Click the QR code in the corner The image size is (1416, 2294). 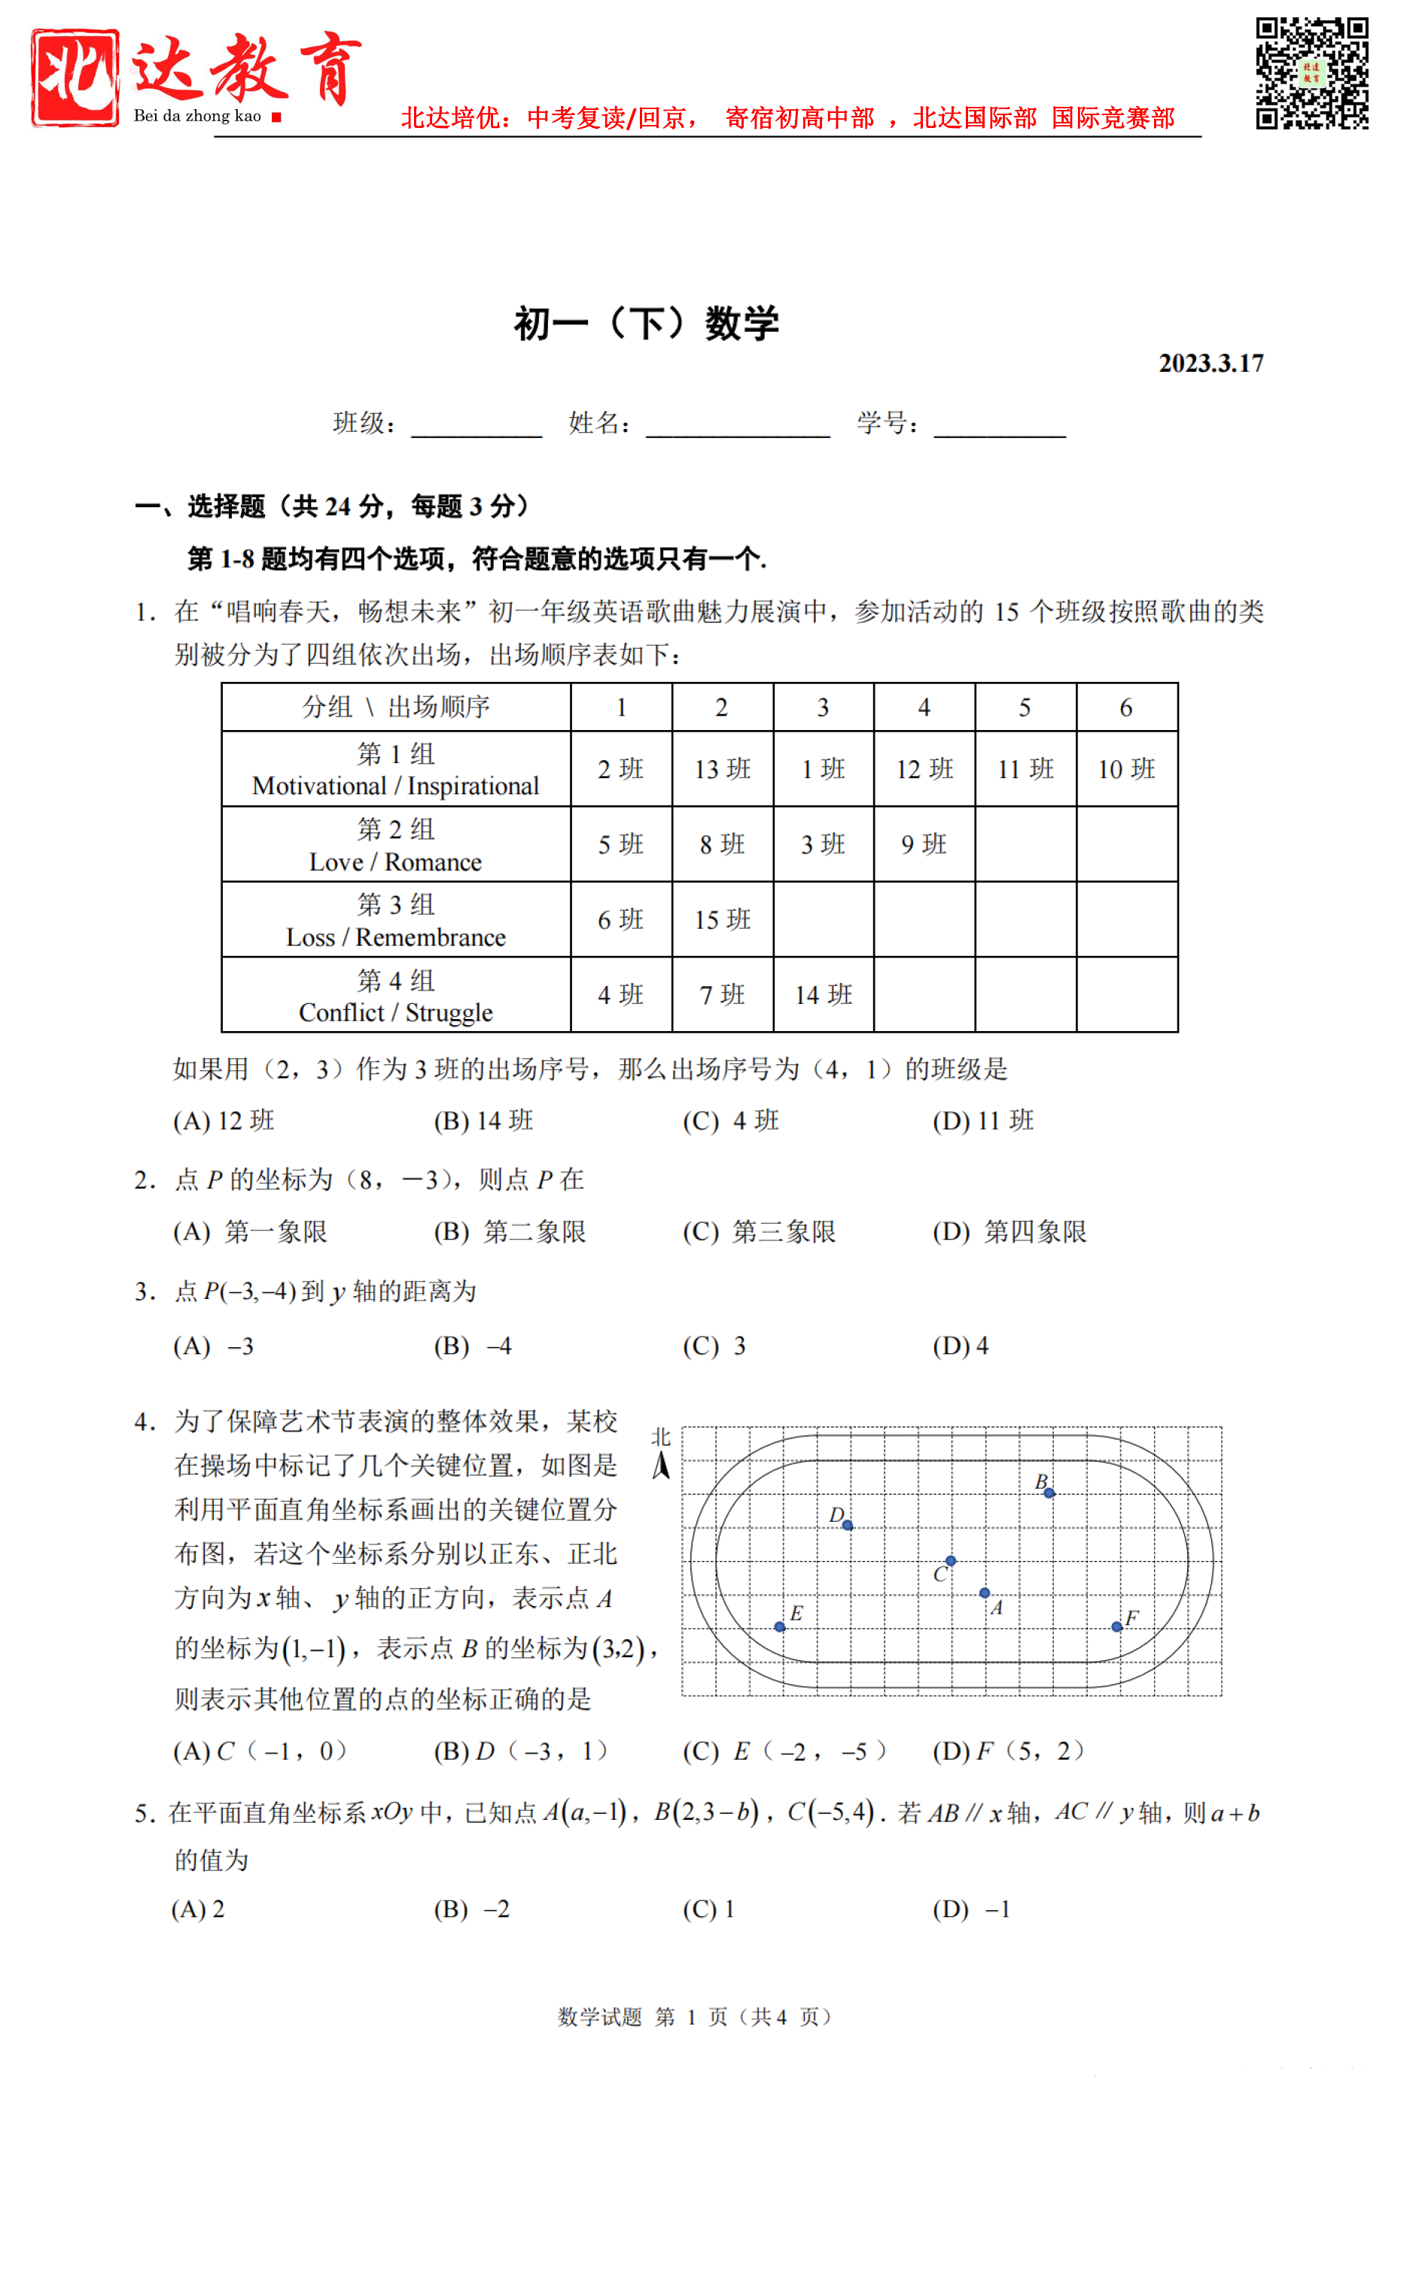click(1311, 72)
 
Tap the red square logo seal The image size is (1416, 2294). click(75, 77)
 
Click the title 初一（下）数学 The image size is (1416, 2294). click(646, 324)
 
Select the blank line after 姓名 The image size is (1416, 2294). click(738, 426)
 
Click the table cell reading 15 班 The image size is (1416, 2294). click(722, 920)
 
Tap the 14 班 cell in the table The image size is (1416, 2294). click(824, 994)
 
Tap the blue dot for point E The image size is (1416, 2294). click(779, 1627)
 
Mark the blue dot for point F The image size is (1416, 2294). click(1116, 1627)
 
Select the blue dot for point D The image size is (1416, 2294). click(848, 1526)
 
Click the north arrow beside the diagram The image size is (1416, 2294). click(661, 1465)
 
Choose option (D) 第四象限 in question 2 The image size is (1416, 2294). click(1009, 1232)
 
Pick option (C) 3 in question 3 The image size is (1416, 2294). click(714, 1346)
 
